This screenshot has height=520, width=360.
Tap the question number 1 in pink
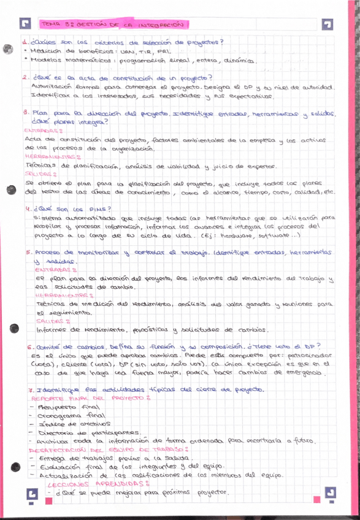(22, 42)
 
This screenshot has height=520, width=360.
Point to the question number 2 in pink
(23, 78)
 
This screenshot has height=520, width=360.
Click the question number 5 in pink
(22, 252)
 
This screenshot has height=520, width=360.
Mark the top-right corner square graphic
(329, 24)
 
